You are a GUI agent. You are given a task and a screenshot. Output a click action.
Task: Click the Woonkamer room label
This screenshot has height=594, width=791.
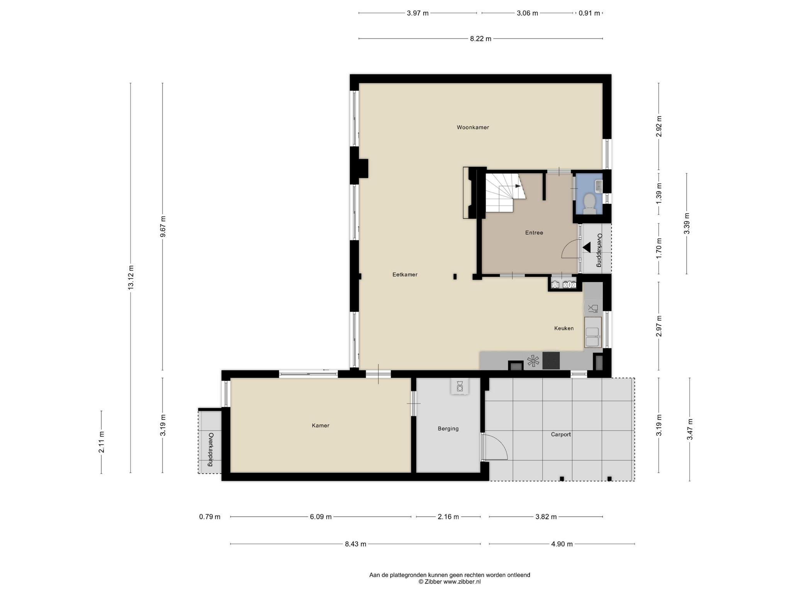click(473, 127)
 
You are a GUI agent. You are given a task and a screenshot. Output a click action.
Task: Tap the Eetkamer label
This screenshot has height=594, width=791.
click(405, 275)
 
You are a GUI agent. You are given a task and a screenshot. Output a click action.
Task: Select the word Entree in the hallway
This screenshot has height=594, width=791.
click(534, 233)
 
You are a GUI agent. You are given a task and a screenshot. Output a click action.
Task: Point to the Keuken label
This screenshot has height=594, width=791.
click(564, 328)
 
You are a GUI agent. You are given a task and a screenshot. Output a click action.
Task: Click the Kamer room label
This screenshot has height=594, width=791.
click(321, 425)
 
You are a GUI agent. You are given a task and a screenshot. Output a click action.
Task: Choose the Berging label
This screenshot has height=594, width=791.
click(448, 428)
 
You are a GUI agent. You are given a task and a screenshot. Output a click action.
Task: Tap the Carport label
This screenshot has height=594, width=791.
click(561, 434)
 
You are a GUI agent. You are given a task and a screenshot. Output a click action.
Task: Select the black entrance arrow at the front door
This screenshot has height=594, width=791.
click(587, 247)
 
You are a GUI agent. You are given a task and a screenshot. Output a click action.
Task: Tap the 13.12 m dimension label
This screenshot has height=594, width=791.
click(131, 277)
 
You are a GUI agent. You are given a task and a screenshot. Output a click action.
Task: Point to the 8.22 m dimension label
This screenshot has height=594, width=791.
click(480, 39)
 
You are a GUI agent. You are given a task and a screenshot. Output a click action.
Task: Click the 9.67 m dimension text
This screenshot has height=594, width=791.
click(163, 227)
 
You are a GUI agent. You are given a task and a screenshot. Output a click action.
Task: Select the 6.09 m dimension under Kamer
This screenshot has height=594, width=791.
click(321, 517)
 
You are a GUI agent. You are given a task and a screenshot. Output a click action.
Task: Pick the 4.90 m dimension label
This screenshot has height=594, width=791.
click(562, 544)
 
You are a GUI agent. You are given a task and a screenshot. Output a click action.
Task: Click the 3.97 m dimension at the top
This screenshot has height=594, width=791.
click(418, 13)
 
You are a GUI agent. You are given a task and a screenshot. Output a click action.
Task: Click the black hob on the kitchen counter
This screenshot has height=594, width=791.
click(551, 360)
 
